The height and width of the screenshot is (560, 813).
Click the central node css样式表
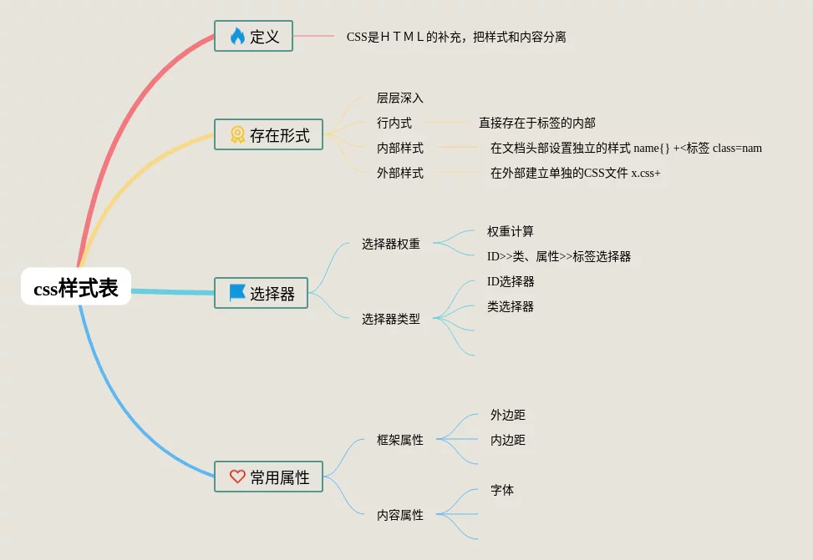[76, 286]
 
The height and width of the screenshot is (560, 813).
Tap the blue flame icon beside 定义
[237, 36]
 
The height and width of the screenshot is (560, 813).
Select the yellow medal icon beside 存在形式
[237, 134]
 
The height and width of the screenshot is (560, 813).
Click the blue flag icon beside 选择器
[237, 293]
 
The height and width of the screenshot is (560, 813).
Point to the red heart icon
[237, 476]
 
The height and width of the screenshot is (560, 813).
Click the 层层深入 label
[399, 98]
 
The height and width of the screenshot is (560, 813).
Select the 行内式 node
[394, 123]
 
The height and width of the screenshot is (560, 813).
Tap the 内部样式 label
[399, 149]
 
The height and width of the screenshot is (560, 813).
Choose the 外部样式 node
[399, 173]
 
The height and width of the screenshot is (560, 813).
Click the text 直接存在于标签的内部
[537, 123]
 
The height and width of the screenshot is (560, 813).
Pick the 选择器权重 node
[391, 244]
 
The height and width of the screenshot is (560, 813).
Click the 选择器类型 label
[391, 319]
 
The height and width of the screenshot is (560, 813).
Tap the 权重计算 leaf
[511, 231]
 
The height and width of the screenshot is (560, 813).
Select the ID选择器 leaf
[511, 281]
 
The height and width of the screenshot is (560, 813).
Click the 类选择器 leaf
[511, 306]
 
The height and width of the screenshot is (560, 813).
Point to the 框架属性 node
[399, 440]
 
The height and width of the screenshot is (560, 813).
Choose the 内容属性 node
[399, 515]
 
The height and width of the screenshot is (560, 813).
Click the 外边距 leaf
[508, 415]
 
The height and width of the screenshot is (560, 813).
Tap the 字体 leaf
[502, 490]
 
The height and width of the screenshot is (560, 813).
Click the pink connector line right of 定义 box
[313, 36]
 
